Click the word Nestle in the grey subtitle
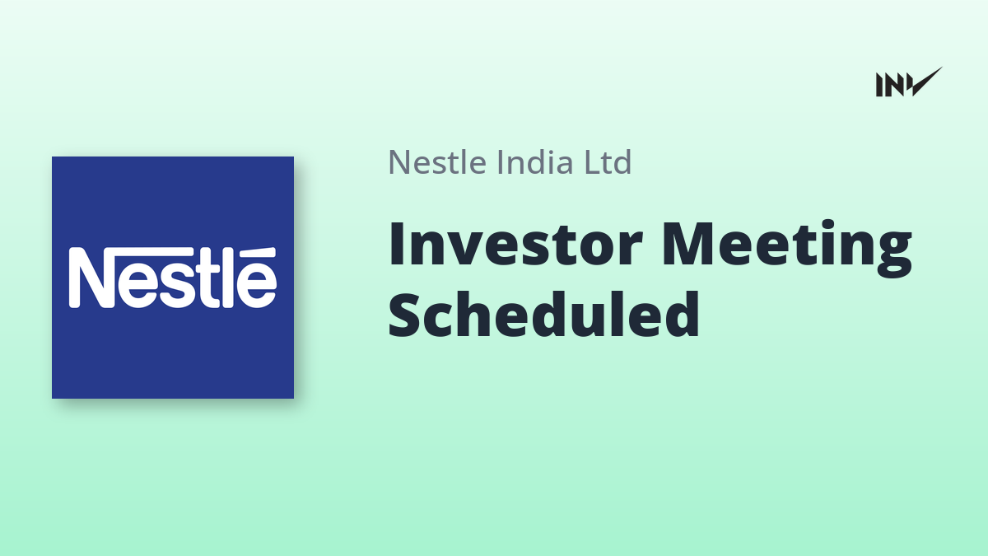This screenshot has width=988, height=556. point(437,162)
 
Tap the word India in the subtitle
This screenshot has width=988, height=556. point(534,161)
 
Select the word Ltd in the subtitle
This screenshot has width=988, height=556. point(608,161)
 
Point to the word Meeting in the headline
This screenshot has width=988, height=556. point(787,249)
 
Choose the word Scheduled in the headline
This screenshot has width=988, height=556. point(543,314)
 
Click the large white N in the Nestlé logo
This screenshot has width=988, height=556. point(95,277)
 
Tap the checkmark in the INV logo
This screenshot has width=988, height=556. point(927,82)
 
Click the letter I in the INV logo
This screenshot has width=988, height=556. point(879,85)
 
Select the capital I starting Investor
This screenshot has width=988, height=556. point(396,244)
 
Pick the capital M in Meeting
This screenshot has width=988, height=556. point(688,244)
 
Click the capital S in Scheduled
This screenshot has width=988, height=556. point(403,315)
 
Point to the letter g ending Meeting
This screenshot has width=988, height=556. point(894,255)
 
